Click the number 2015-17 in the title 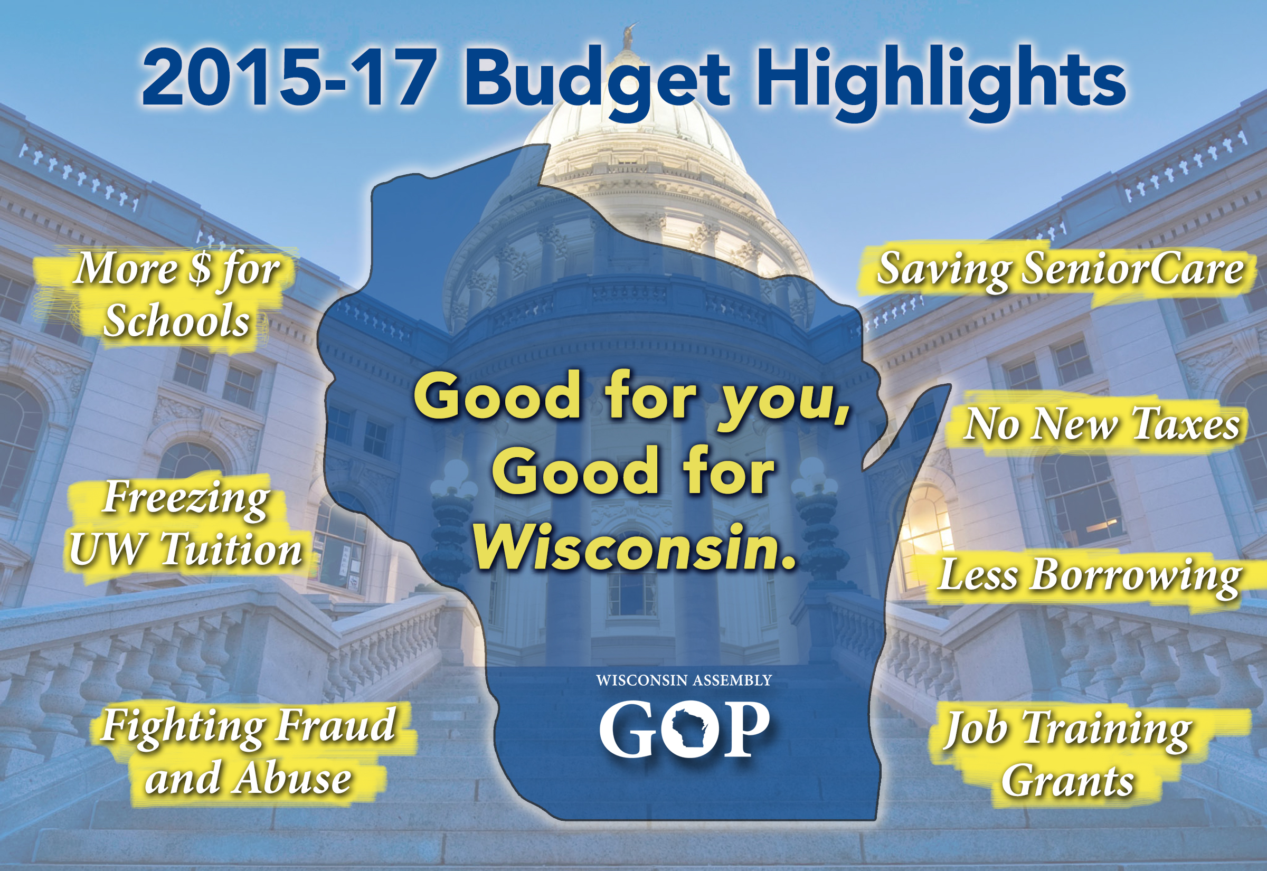pyautogui.click(x=287, y=78)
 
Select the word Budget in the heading pyautogui.click(x=597, y=82)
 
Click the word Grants pyautogui.click(x=1067, y=780)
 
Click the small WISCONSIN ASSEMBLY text pyautogui.click(x=684, y=680)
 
